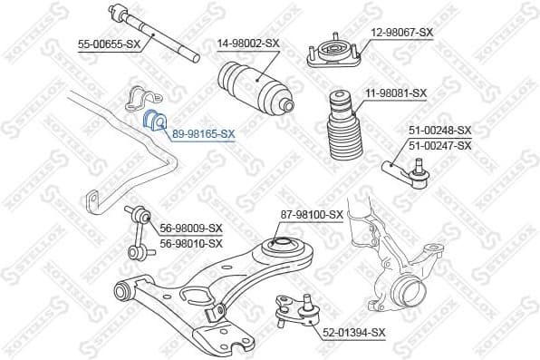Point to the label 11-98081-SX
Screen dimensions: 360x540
(x=396, y=93)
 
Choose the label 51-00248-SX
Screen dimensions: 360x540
(x=440, y=131)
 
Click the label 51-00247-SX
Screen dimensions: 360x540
(x=440, y=145)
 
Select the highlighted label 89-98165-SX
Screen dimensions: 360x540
(x=204, y=133)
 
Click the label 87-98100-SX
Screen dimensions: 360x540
(x=312, y=215)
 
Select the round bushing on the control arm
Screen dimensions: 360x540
(x=280, y=246)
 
